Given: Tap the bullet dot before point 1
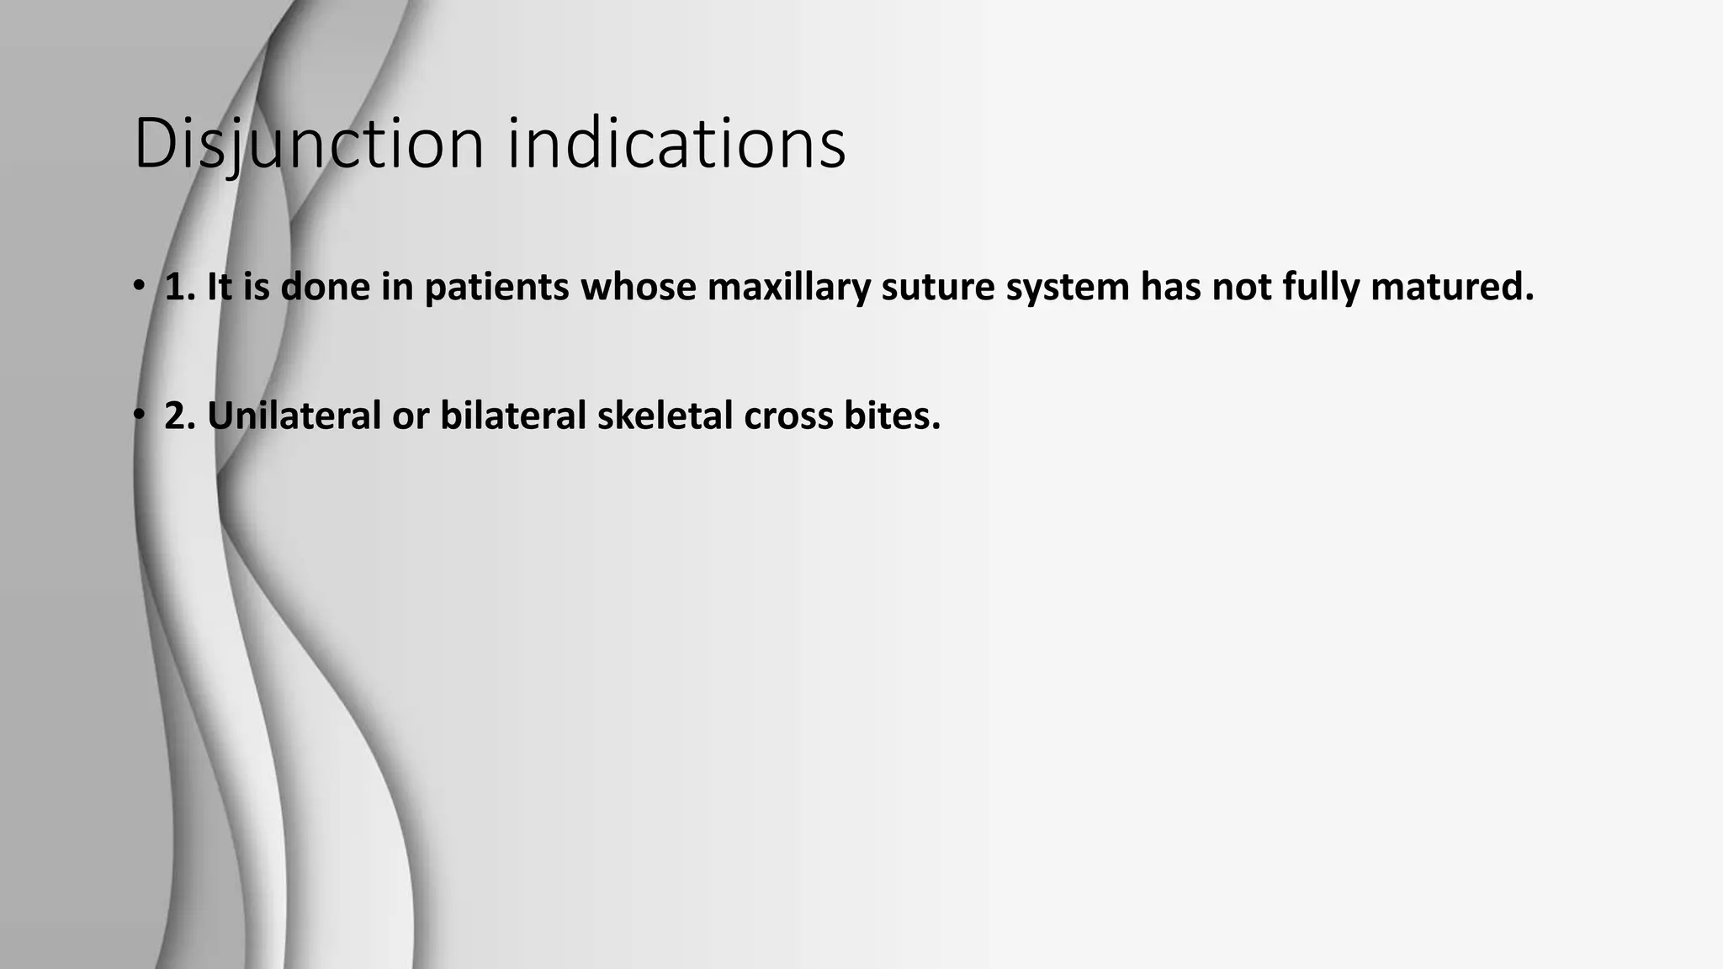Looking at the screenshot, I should coord(139,286).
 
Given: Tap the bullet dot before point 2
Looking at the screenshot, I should coord(139,415).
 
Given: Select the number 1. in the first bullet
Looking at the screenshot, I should coord(180,287).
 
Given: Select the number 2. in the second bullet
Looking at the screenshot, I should coord(180,416).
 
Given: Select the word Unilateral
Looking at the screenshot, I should coord(294,416).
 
